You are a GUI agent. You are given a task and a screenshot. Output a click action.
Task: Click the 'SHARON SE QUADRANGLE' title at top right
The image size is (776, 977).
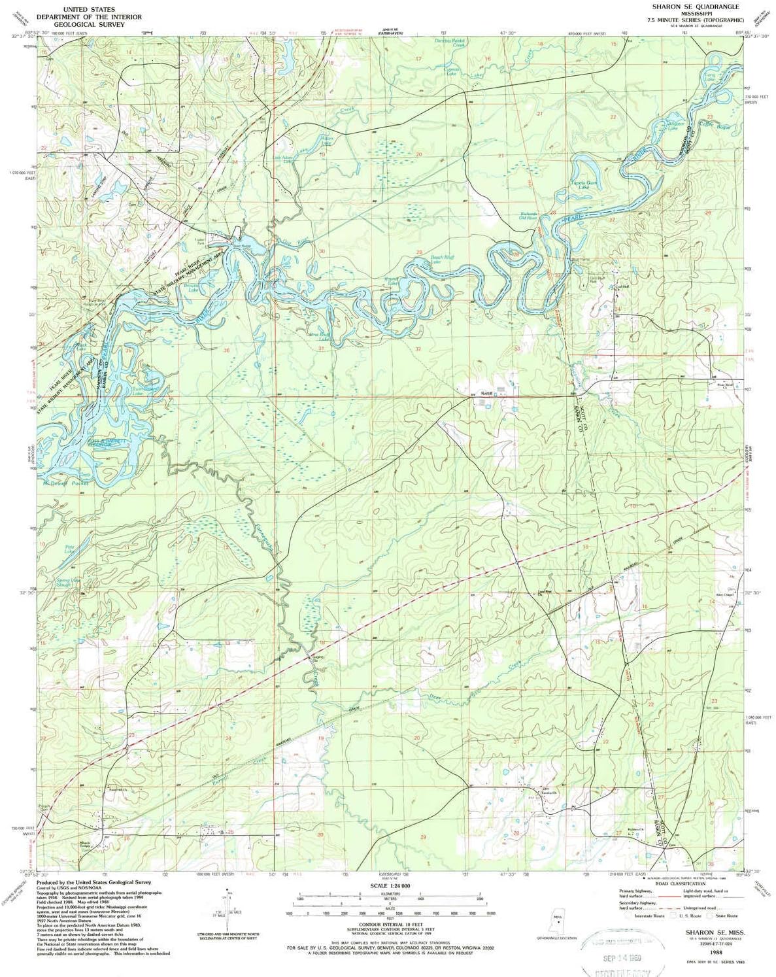tap(685, 5)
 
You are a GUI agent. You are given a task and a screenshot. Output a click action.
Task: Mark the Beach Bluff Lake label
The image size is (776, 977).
tap(442, 260)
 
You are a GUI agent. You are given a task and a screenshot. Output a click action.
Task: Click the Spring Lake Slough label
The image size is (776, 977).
tap(67, 581)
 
